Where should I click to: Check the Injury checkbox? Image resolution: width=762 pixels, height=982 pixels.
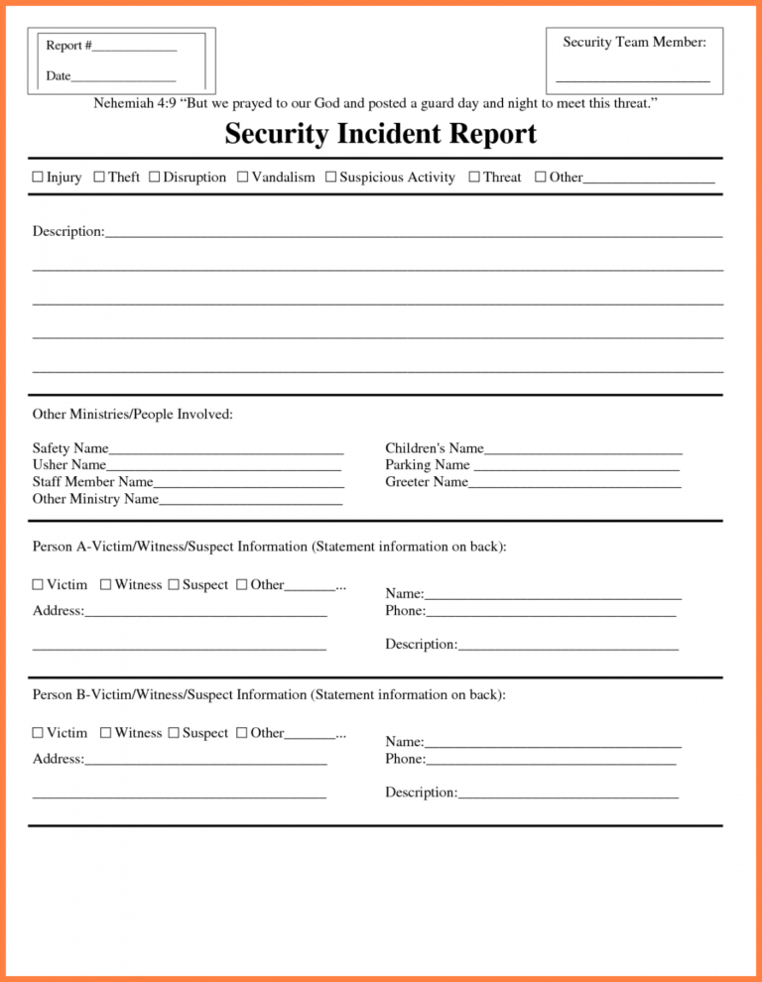tap(38, 178)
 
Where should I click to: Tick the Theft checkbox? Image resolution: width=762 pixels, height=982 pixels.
tap(99, 178)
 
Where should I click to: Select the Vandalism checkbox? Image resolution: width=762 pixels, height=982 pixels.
tap(243, 178)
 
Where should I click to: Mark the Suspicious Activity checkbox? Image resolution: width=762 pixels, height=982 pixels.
tap(331, 178)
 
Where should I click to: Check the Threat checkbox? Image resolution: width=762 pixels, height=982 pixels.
tap(474, 178)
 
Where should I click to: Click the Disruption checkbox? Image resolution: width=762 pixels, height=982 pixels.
tap(155, 178)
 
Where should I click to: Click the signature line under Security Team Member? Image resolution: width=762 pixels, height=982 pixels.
tap(632, 78)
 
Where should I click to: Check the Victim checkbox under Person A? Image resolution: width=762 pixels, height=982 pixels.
tap(38, 585)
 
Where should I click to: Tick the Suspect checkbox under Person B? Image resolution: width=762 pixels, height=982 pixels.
tap(174, 733)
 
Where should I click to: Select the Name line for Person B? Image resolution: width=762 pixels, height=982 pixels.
tap(553, 744)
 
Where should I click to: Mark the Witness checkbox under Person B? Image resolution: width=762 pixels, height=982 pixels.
tap(106, 733)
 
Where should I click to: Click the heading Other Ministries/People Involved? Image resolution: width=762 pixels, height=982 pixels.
tap(133, 415)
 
